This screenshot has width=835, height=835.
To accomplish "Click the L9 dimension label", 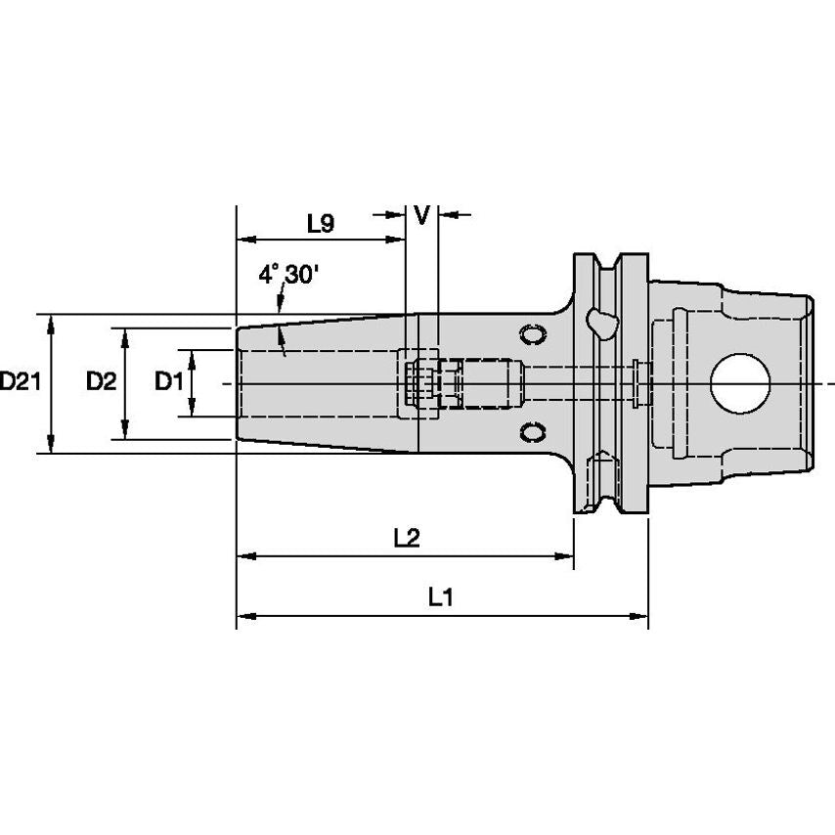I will pos(321,224).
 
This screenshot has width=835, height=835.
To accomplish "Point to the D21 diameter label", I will pos(20,382).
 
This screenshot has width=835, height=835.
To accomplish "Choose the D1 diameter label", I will pos(168,382).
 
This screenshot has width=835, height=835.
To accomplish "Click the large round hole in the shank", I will pos(738,383).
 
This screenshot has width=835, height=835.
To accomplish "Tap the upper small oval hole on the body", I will pos(533,334).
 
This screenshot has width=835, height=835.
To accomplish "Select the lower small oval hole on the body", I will pos(533,431).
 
